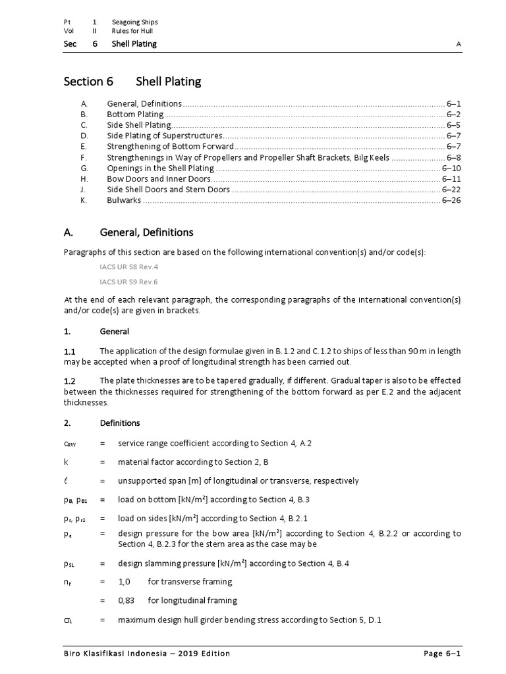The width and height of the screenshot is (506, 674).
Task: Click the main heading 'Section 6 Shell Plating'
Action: pos(132,82)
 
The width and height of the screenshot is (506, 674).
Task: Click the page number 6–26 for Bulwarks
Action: pos(451,200)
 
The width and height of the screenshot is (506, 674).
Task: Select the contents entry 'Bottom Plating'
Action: pos(136,114)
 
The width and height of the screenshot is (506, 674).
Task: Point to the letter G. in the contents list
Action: pos(84,168)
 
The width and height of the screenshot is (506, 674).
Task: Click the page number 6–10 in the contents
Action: pos(451,168)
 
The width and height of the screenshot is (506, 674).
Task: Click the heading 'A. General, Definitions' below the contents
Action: pos(128,232)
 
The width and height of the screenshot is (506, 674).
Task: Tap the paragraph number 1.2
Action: pos(70,381)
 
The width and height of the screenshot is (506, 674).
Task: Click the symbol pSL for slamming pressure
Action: pos(69,563)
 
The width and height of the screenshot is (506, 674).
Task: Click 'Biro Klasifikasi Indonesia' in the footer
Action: pos(115,654)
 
